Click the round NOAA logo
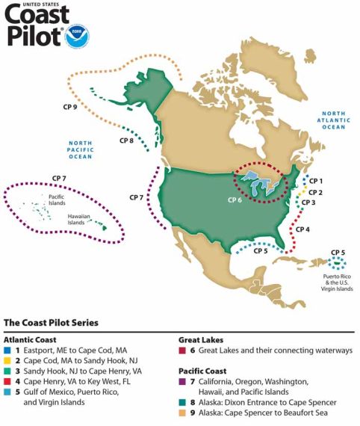tap(78, 37)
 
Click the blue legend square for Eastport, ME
tap(8, 350)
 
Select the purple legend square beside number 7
tap(183, 381)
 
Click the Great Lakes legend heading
tap(201, 339)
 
